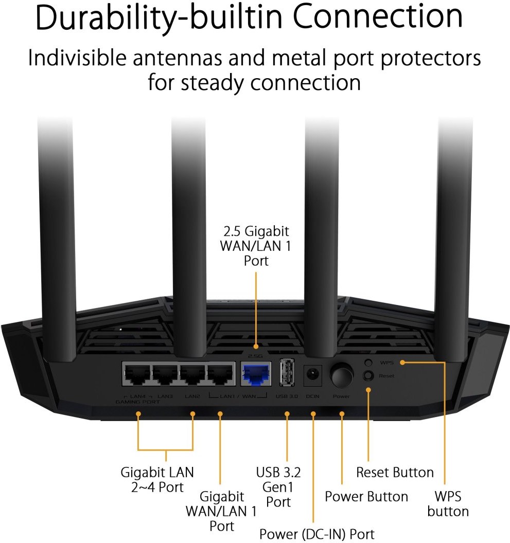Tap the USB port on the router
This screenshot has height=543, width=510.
(287, 371)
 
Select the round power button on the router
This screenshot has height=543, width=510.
(342, 376)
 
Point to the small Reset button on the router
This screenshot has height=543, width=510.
(368, 376)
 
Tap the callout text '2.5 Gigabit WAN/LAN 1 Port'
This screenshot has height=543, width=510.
(256, 246)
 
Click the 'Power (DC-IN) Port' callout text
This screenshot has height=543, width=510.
(317, 534)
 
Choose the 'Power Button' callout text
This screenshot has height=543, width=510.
(366, 497)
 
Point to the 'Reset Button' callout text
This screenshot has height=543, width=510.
(395, 472)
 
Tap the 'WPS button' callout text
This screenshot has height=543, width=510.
(448, 504)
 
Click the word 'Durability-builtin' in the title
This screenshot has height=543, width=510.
(146, 17)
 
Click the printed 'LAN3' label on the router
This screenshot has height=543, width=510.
(165, 396)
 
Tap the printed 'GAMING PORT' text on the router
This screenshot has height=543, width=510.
(138, 402)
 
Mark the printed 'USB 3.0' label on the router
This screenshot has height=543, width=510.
(287, 396)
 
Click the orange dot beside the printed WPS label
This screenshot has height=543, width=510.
(402, 363)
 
